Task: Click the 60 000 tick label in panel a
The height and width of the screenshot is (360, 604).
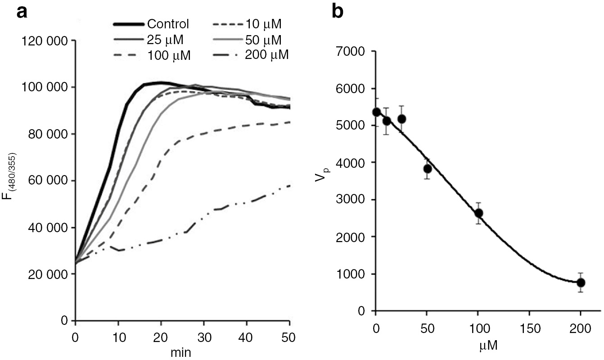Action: (45, 181)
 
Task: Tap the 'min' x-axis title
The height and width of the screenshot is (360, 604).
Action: (180, 352)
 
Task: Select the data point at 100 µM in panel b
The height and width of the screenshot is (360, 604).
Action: (478, 213)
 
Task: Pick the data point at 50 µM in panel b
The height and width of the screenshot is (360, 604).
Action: (428, 169)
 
